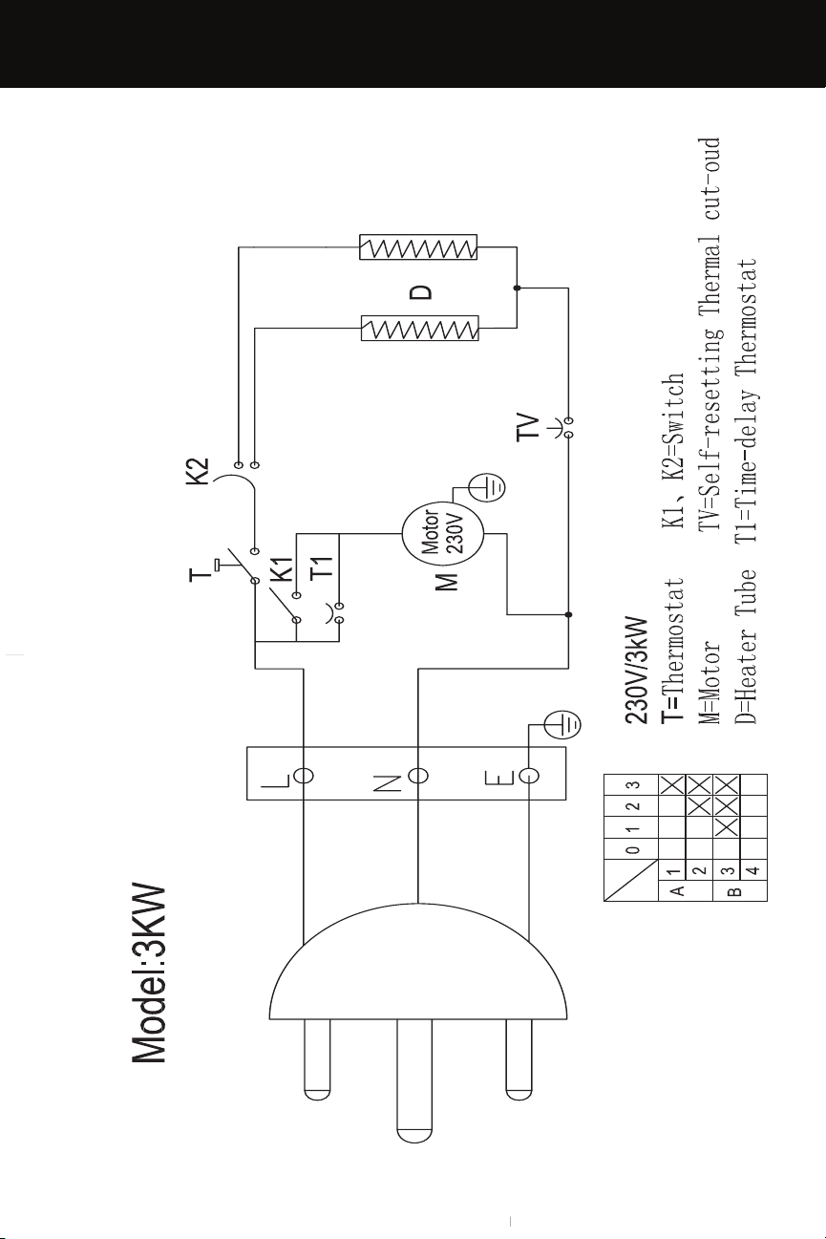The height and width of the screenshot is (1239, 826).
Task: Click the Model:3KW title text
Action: coord(149,974)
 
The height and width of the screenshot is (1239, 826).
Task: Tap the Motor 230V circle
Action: coord(443,534)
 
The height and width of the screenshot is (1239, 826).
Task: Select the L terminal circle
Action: coord(304,776)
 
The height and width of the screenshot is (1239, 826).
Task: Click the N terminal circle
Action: coord(418,776)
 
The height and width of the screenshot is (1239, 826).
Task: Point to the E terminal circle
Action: coord(529,776)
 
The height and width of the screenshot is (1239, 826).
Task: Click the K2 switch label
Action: coord(198,471)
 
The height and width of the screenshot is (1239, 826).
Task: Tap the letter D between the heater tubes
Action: coord(421,292)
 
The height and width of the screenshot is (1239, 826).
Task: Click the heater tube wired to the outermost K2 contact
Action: coord(418,247)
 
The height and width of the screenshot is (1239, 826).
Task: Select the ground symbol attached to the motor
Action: coord(487,488)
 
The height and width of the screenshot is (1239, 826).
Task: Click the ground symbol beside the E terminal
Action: coord(562,725)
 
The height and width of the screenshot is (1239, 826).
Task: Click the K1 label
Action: coord(282,569)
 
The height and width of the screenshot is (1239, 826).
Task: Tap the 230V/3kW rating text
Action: coord(636,671)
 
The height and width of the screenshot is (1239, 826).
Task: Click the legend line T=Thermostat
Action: coord(673,651)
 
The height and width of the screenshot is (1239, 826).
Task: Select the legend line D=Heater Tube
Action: coord(745,646)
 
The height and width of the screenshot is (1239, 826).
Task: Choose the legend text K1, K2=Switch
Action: coord(673,451)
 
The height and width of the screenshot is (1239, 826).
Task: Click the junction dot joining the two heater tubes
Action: coord(517,288)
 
